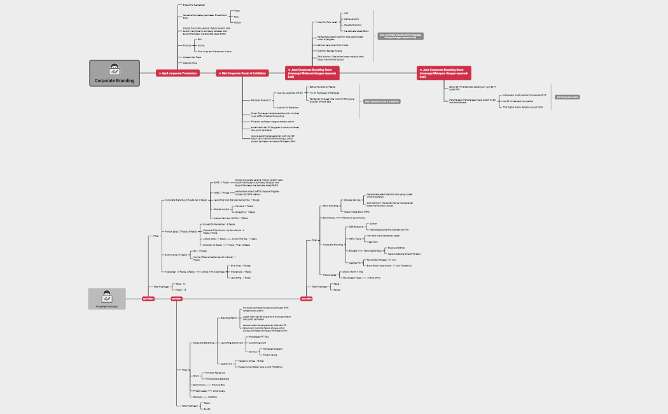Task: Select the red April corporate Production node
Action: [x=178, y=73]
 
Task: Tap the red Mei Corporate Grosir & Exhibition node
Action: [x=242, y=73]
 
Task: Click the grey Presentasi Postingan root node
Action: [x=107, y=299]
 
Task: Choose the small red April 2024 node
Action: [x=148, y=298]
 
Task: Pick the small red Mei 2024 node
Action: [x=176, y=298]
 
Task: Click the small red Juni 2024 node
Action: [x=306, y=298]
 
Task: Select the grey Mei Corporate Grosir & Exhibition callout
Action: [x=382, y=101]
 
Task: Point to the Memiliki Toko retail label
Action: [x=326, y=22]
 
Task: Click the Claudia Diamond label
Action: [x=352, y=25]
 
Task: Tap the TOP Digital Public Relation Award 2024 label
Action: [x=522, y=108]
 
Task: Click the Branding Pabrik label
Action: [x=229, y=317]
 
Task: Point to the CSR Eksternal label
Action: [x=355, y=227]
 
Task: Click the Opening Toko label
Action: [x=190, y=63]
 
